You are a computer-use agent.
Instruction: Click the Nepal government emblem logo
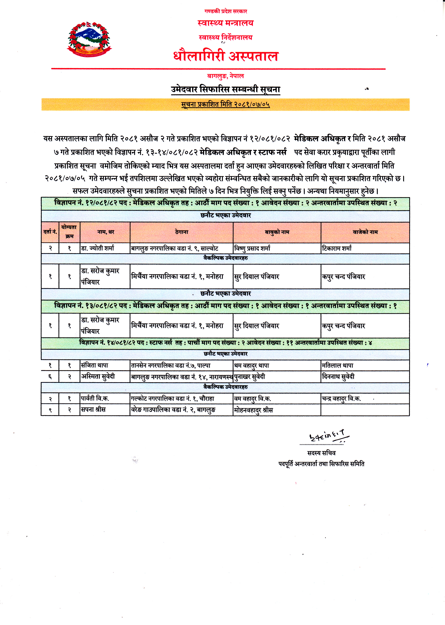pos(89,40)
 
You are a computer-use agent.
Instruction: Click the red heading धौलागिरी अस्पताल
pos(226,56)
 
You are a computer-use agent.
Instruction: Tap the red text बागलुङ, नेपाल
pos(225,76)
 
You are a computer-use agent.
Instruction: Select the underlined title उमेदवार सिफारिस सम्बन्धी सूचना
pos(226,89)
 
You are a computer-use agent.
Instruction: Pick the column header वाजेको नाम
pos(365,232)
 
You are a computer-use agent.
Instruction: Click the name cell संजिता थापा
pos(95,365)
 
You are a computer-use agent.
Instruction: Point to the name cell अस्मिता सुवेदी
pos(98,377)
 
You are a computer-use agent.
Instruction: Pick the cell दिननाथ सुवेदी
pos(338,377)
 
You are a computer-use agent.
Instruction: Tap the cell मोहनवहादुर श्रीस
pos(253,410)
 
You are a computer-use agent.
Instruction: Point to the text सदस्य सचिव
pos(321,453)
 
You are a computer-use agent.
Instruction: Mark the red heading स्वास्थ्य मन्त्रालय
pos(226,23)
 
